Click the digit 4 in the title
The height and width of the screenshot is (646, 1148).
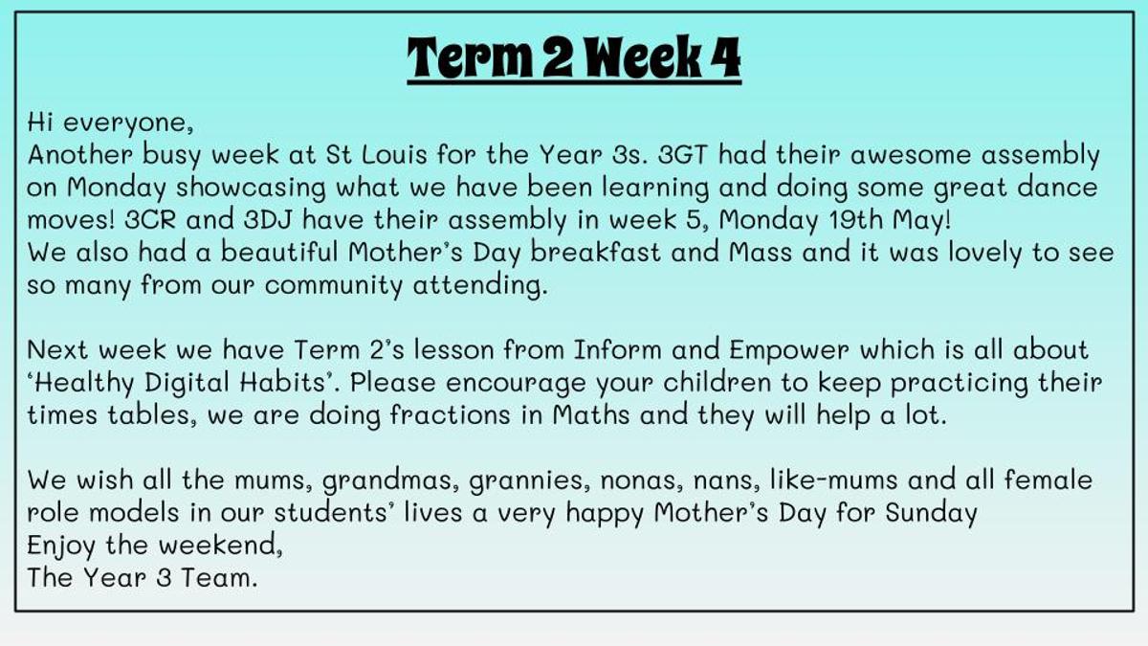tap(725, 56)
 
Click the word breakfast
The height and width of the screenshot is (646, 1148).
tap(595, 253)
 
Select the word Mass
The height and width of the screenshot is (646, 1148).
tap(761, 253)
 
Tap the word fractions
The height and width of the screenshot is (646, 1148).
tap(450, 414)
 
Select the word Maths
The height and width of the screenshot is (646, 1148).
tap(591, 414)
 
